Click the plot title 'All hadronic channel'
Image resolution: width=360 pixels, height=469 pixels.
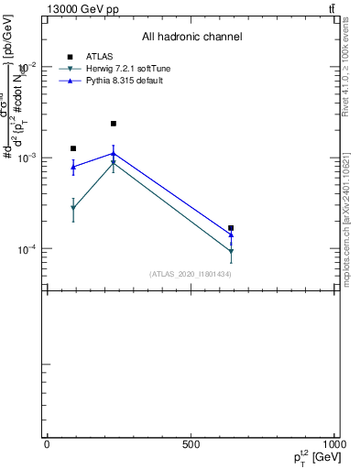coord(191,37)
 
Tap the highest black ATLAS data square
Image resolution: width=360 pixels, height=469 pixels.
coord(114,124)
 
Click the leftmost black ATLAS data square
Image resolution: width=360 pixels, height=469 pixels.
coord(73,148)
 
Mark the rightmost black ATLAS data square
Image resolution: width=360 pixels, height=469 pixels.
coord(231,228)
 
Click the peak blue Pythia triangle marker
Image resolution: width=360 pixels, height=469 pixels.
coord(114,153)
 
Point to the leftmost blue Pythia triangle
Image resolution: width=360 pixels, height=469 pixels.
coord(73,167)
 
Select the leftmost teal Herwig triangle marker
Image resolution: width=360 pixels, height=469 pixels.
coord(73,209)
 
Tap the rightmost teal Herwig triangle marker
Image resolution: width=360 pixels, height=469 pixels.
coord(231,251)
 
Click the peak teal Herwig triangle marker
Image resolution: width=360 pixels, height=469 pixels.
coord(114,163)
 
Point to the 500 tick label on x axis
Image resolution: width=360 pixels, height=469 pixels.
coord(191,444)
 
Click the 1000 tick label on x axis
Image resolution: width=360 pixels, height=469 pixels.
coord(335,444)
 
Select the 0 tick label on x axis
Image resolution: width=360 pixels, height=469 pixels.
coord(47,444)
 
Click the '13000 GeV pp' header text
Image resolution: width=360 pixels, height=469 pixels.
coord(82,9)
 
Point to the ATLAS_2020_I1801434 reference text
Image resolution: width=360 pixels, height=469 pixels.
coord(191,274)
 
